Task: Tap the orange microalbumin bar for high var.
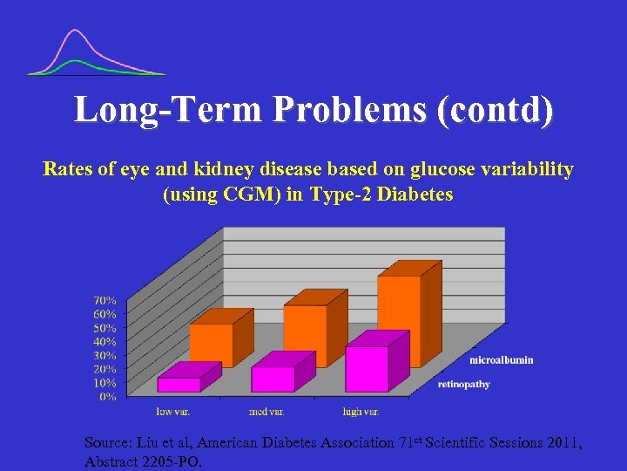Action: coord(399,319)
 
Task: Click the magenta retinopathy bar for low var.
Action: coord(179,384)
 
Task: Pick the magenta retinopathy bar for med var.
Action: coord(273,379)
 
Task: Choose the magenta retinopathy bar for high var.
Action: coord(367,368)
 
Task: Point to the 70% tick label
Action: coord(104,300)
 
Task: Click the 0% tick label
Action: coord(108,396)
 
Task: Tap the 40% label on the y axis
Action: coord(104,341)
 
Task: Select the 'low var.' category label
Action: coord(173,410)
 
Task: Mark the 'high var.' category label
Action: coord(361,410)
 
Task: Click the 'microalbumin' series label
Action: coord(502,359)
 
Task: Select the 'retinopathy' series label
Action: coord(463,384)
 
